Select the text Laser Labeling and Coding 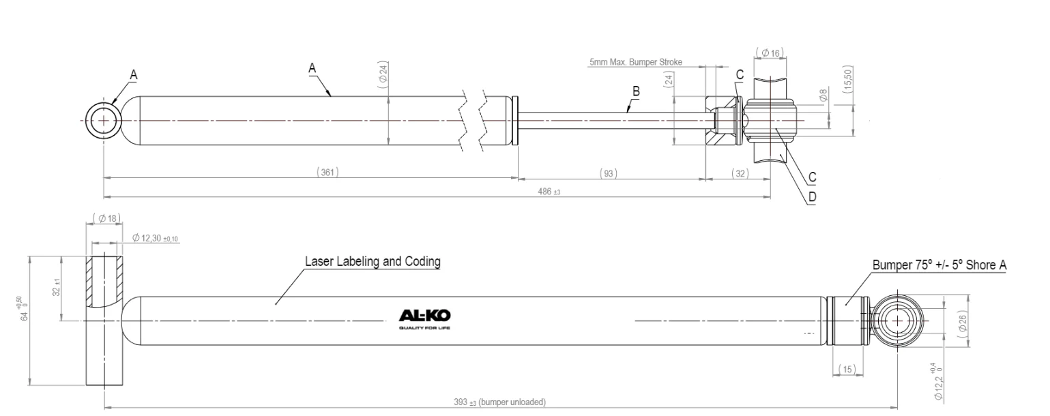(x=372, y=261)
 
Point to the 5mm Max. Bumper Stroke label (x=635, y=63)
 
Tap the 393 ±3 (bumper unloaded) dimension (x=499, y=402)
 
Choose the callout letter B (x=635, y=91)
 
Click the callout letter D (x=812, y=196)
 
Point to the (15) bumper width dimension (x=847, y=369)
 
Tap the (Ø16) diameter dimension (x=772, y=52)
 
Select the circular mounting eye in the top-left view (x=104, y=120)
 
